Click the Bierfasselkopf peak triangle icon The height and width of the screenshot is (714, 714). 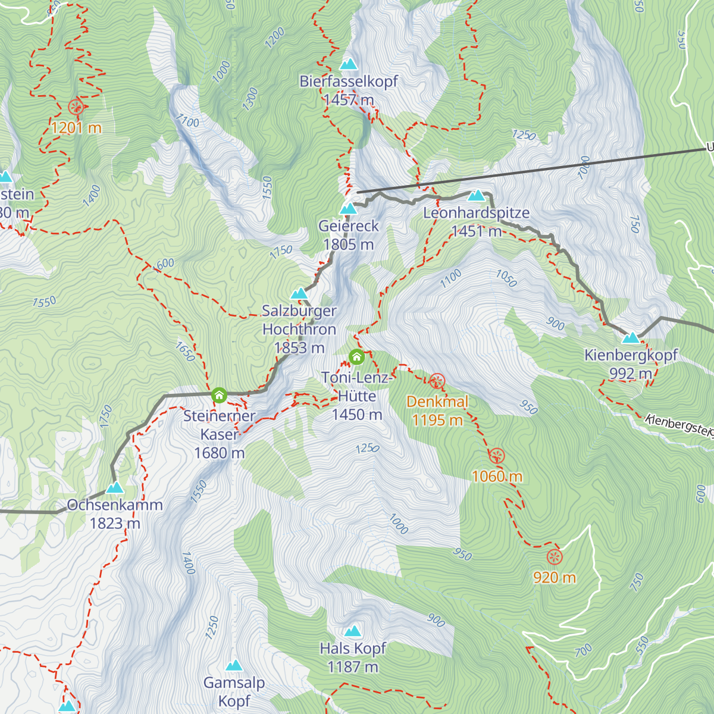349,64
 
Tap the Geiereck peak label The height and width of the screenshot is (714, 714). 349,226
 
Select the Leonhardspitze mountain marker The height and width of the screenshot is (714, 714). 476,195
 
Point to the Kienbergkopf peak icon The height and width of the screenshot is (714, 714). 631,338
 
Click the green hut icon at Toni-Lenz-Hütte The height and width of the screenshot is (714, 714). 356,356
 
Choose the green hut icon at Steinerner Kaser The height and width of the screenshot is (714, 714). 219,394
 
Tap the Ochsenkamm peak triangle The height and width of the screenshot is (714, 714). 114,488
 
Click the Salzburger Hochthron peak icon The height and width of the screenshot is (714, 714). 299,293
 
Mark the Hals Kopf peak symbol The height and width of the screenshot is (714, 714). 353,631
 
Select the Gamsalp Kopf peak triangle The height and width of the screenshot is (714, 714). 234,665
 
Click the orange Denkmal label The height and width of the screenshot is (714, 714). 437,402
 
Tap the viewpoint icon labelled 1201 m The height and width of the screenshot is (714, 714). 76,107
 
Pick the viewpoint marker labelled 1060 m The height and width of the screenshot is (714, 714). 497,456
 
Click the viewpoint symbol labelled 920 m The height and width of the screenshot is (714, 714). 554,557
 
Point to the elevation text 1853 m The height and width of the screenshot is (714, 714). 299,347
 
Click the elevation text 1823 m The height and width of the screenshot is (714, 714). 115,523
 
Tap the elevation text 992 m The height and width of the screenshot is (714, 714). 631,374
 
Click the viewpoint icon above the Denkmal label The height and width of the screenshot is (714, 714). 437,381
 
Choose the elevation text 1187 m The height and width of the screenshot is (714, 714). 353,667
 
